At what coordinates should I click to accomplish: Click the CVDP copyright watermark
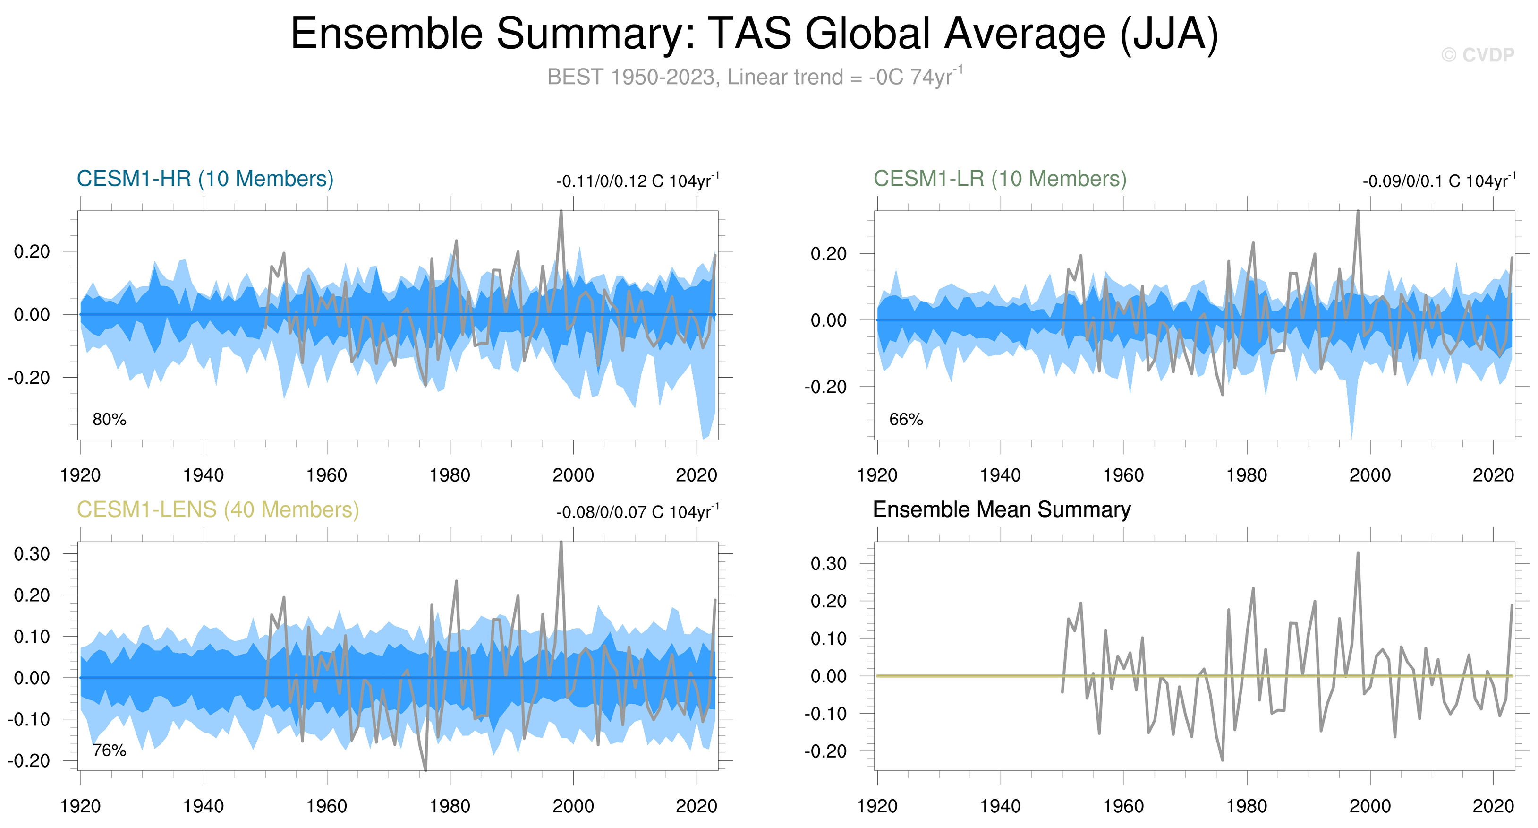[1478, 55]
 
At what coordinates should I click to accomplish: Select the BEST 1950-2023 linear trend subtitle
[755, 77]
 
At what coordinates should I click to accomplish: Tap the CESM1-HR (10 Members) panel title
[205, 179]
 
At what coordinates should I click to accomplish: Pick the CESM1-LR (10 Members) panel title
[1000, 179]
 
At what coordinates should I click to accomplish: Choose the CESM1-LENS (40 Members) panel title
[218, 509]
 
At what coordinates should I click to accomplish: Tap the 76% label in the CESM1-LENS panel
[109, 750]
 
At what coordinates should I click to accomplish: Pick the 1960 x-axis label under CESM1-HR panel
[327, 475]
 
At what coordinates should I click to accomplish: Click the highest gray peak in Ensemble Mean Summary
[1358, 553]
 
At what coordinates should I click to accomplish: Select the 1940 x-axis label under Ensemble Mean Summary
[1000, 806]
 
